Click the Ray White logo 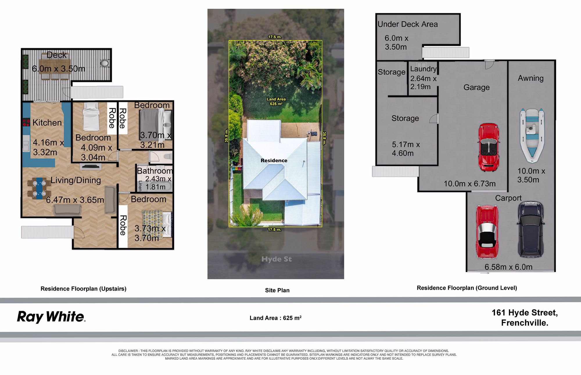(x=51, y=317)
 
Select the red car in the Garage (x=489, y=147)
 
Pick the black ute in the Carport (x=530, y=229)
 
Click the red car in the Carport (x=487, y=232)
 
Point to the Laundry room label (x=423, y=69)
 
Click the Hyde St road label (x=276, y=259)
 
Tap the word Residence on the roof (x=274, y=161)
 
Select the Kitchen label (x=47, y=123)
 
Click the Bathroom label (x=155, y=171)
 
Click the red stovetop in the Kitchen (x=26, y=123)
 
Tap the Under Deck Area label (x=408, y=24)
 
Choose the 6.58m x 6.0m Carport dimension (x=508, y=267)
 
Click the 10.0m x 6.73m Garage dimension (x=469, y=184)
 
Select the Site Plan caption (x=277, y=290)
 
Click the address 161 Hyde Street (x=525, y=313)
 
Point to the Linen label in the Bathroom (x=140, y=186)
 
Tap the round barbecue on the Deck (x=105, y=63)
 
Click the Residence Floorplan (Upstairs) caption (x=83, y=289)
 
